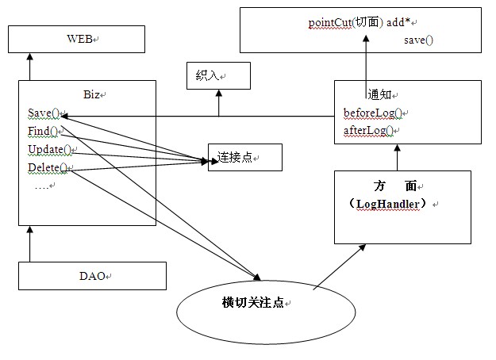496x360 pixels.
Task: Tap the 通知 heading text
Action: click(x=380, y=94)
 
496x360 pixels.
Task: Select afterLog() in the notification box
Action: click(x=369, y=130)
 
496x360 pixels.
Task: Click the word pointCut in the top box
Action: click(x=329, y=22)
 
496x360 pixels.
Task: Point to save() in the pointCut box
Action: click(x=417, y=39)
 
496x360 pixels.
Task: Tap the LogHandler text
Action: click(x=392, y=204)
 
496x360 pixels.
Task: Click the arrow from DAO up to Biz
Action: click(x=29, y=243)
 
